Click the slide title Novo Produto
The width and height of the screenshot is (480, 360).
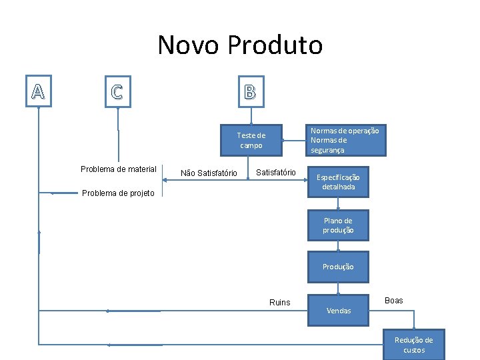point(240,45)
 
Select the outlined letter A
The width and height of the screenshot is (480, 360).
point(38,92)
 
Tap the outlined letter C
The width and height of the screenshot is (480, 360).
point(117,92)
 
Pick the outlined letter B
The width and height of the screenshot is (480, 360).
point(249,92)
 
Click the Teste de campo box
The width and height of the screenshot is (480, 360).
point(251,140)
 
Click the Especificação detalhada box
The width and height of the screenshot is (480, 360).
point(338,182)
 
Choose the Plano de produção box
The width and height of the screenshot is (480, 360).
point(338,225)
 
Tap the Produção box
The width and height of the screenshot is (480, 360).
point(338,267)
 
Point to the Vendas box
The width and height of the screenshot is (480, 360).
point(338,310)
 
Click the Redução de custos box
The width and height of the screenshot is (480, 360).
point(413,345)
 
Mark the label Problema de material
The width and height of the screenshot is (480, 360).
point(119,169)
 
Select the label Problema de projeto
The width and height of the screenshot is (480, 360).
point(118,193)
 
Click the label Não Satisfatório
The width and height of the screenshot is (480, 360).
point(209,173)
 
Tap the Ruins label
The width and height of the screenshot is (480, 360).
point(280,303)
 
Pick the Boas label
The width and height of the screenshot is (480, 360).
point(394,301)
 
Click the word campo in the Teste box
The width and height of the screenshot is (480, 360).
point(251,145)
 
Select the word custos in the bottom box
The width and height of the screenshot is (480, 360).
point(413,350)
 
